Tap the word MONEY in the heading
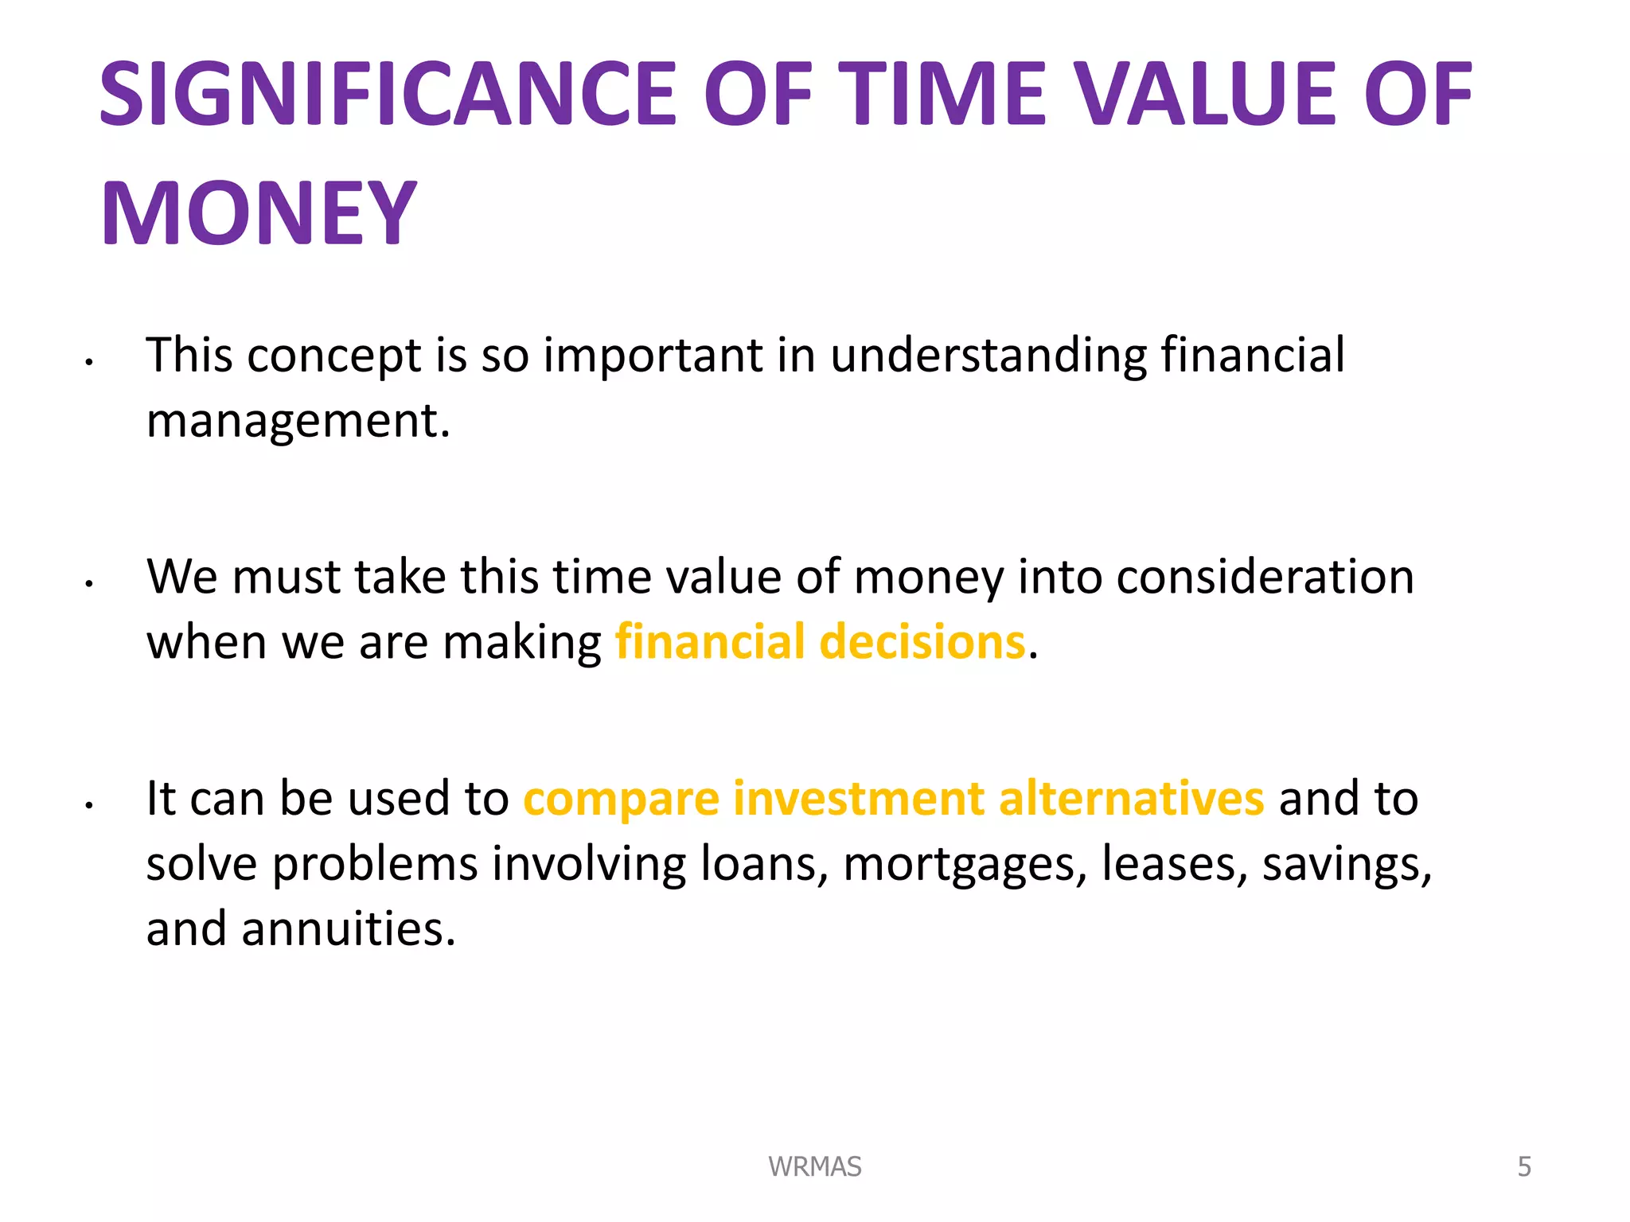coord(259,214)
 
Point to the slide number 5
coord(1523,1166)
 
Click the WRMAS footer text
coord(814,1166)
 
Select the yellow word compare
coord(621,800)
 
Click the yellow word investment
coord(858,798)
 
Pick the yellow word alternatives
coord(1131,798)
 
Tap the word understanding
coord(988,355)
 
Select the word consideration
coord(1265,577)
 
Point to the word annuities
coord(348,928)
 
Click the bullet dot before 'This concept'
coord(90,363)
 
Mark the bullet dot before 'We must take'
coord(90,585)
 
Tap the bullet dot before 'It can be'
coord(90,806)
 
